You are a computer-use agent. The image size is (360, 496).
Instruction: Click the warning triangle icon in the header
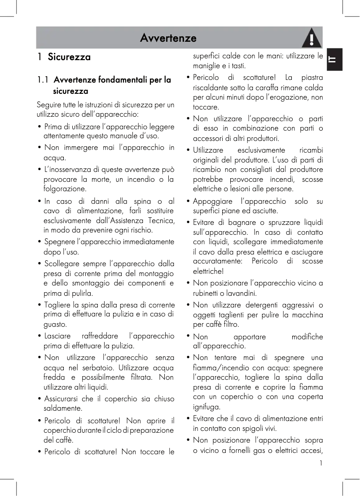click(x=312, y=38)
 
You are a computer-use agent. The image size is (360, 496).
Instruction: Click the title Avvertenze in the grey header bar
click(x=168, y=38)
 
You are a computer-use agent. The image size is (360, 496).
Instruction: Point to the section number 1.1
click(x=43, y=80)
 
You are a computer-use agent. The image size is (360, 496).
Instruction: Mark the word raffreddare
click(x=101, y=336)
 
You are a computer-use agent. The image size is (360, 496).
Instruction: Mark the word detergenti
click(x=257, y=305)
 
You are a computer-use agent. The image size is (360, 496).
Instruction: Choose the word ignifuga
click(x=206, y=407)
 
